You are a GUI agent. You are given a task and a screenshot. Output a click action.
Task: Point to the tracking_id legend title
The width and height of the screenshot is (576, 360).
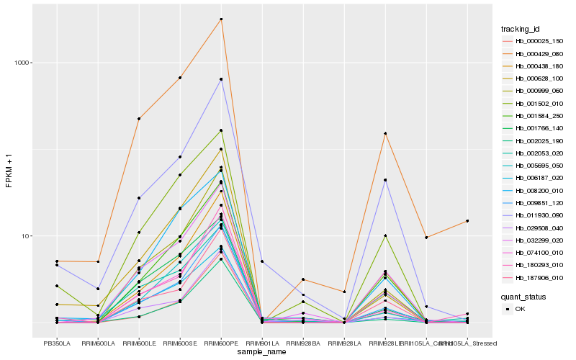point(521,29)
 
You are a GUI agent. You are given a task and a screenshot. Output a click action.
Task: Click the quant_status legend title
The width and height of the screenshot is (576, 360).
point(523,296)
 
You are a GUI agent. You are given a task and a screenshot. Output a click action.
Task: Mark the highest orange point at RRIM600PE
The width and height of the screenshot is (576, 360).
point(221,19)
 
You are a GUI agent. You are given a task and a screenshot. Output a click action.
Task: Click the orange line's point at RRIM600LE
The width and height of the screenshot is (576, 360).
point(139,119)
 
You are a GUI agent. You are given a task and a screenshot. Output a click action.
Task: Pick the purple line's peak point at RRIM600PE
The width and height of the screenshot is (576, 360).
point(221,79)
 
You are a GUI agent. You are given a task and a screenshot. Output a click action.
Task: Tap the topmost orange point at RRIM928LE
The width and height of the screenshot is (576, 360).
point(385,133)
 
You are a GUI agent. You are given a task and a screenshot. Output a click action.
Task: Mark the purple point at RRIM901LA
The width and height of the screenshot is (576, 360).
point(262,261)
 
